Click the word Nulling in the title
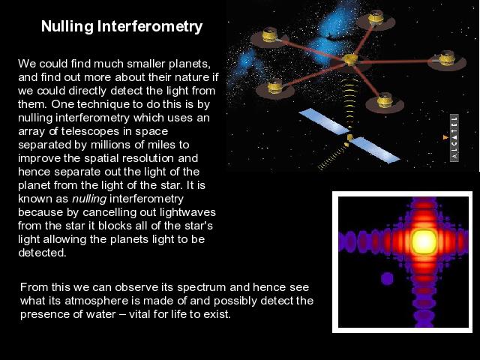67,27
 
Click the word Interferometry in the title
150,26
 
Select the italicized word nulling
89,199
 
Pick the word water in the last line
100,314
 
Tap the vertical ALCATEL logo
454,138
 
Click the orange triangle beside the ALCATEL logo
445,137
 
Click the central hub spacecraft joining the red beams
349,60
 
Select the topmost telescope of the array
376,18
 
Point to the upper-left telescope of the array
269,37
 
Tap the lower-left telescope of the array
275,88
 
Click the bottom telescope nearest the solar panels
385,102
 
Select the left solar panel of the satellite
324,121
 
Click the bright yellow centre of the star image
424,241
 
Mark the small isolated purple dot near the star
387,278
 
